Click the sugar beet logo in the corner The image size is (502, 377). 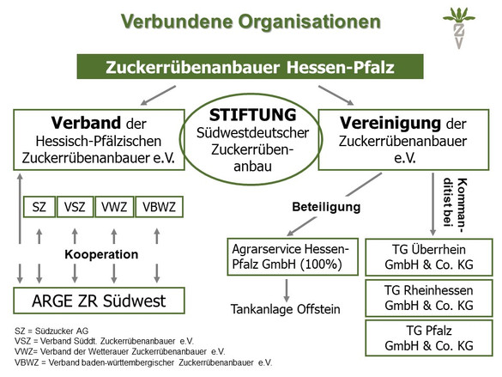459,28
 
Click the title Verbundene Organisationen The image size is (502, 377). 251,21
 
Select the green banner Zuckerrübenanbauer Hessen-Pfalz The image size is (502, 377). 250,67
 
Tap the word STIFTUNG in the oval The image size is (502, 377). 252,115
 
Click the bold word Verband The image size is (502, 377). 86,123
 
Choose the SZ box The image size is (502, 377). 39,207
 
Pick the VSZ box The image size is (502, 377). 75,207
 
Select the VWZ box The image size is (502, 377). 114,207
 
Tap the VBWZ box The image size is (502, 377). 159,207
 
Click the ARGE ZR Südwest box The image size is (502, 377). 99,301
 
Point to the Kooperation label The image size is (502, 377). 101,254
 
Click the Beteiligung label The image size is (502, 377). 326,207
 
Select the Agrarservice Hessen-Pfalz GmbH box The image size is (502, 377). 293,257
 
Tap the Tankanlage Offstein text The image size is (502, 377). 285,309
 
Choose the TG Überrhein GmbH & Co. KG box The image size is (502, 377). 429,258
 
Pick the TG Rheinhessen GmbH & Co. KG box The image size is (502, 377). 429,298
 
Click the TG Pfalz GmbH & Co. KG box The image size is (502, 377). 429,337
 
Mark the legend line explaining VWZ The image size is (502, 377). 120,352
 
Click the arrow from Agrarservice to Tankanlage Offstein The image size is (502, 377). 287,290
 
